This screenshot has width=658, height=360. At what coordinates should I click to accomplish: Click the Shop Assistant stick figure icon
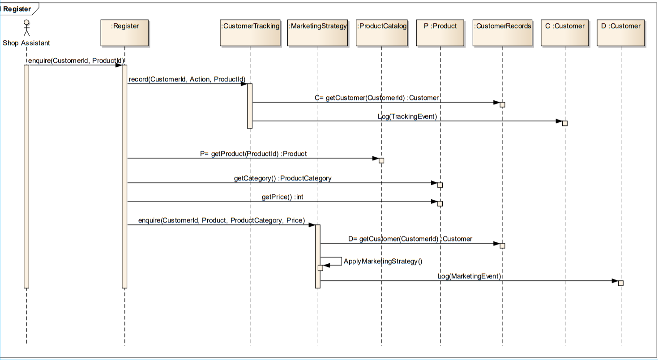point(26,28)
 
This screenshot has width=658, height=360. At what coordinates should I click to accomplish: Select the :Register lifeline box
point(125,32)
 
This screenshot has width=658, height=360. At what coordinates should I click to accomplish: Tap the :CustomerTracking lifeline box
point(250,32)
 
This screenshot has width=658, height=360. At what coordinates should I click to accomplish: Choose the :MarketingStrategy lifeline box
point(318,32)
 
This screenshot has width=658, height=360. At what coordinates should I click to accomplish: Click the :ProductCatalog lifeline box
point(382,32)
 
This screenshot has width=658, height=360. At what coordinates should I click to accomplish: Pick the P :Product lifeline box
point(440,32)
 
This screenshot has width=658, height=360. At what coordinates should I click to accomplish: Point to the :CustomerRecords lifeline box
point(503,32)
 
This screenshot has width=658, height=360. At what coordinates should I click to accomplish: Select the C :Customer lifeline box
point(565,32)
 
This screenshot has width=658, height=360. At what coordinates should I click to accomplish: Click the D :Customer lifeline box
point(621,32)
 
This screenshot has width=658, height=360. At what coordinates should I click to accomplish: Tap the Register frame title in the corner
point(17,9)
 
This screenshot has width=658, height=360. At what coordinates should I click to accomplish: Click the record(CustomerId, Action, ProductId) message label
point(187,79)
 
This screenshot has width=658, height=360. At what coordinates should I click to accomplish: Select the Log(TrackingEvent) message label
point(407,116)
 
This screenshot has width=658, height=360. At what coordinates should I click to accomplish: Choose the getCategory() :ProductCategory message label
point(282,178)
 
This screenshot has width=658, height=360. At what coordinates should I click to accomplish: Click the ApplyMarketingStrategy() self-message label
point(383,261)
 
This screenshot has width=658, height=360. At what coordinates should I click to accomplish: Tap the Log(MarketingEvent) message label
point(469,276)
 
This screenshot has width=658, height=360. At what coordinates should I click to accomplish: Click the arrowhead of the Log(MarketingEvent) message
point(615,281)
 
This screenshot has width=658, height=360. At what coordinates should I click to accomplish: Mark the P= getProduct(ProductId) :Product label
point(253,154)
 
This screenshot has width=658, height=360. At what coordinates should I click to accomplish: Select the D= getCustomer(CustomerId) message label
point(410,239)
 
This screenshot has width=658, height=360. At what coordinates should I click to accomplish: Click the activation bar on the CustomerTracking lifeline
point(250,106)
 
